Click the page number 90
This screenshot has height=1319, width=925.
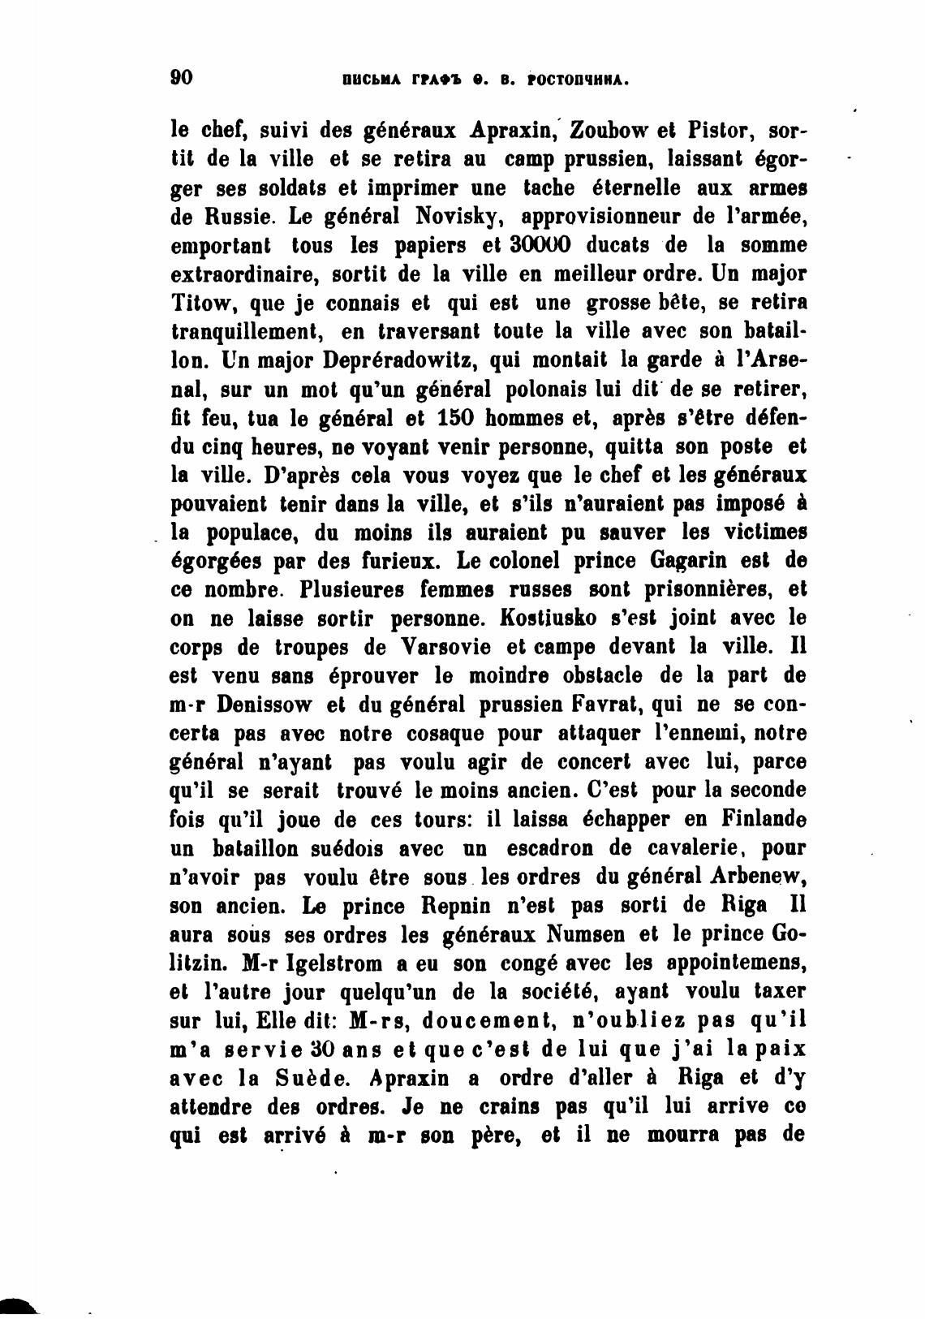point(181,78)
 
